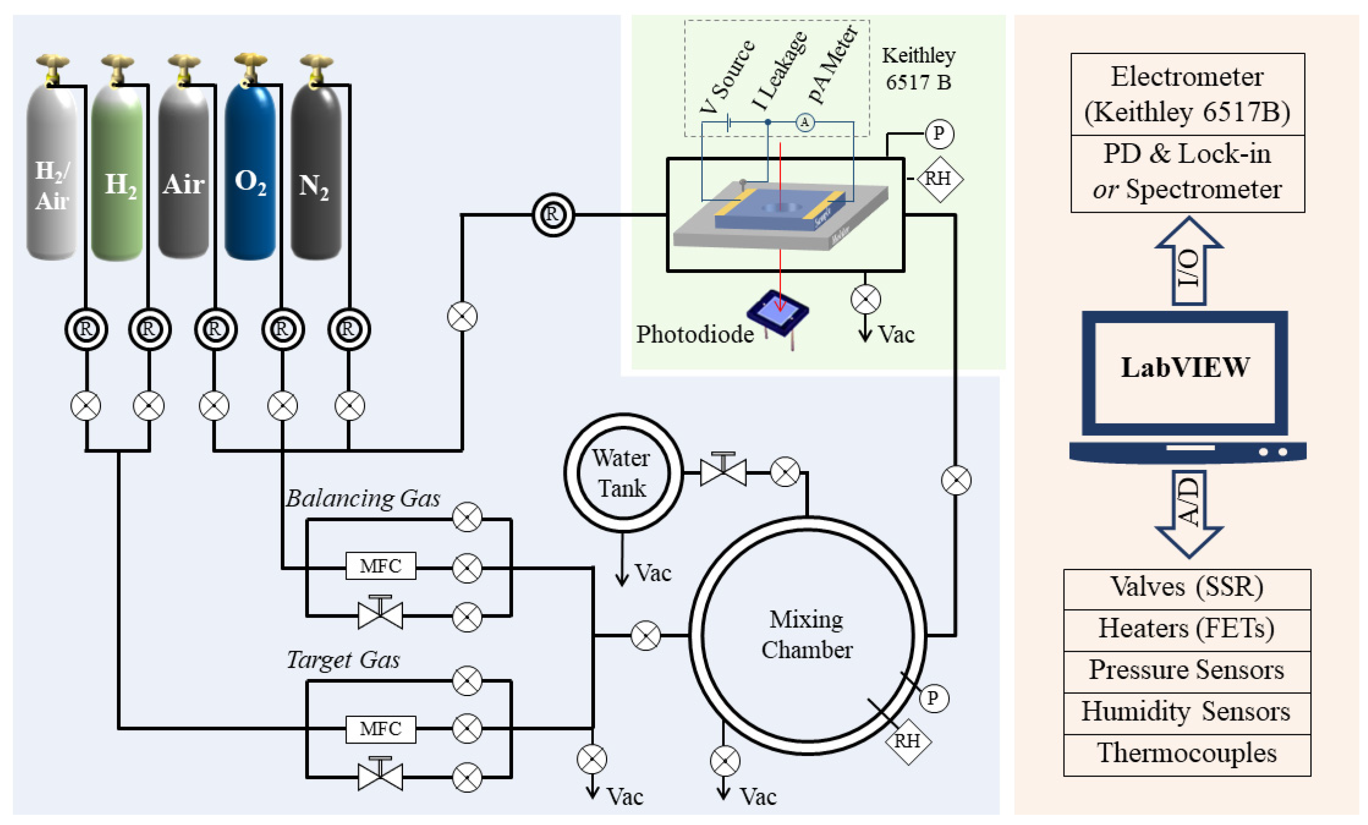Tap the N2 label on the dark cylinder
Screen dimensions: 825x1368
[314, 186]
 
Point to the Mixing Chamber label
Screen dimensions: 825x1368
[806, 634]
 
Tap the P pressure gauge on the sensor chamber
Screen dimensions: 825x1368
[939, 134]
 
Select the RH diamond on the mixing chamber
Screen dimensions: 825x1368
[907, 741]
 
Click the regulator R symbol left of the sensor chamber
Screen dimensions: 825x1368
[553, 215]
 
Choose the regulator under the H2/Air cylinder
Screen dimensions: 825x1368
[86, 329]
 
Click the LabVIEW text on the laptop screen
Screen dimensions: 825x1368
[1185, 367]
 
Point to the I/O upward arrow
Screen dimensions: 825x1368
[1189, 261]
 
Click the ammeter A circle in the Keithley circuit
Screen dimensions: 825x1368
[805, 122]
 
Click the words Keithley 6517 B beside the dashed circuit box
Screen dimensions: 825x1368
[918, 69]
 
